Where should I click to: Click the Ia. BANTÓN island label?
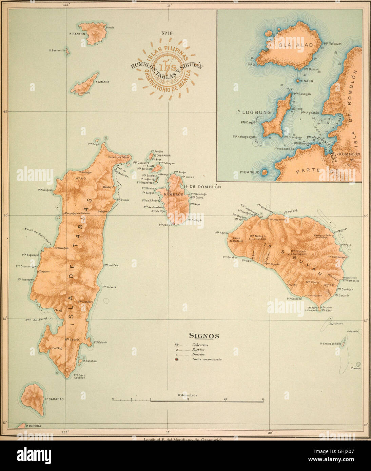pos(74,34)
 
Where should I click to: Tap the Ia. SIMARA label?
pos(102,82)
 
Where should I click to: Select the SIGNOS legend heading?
pos(204,336)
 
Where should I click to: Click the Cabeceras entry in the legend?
pos(200,345)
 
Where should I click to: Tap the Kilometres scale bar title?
pos(188,395)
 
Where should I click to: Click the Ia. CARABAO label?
pos(54,399)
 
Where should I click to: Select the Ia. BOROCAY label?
pos(33,426)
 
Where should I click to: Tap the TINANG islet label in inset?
pos(306,81)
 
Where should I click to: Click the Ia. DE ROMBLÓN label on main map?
pos(202,187)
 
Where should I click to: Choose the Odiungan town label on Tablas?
pos(62,248)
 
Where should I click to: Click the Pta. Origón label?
pos(95,144)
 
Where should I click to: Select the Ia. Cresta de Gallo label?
pos(331,344)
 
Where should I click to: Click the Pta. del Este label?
pos(111,265)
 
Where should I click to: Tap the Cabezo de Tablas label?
pos(119,157)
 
